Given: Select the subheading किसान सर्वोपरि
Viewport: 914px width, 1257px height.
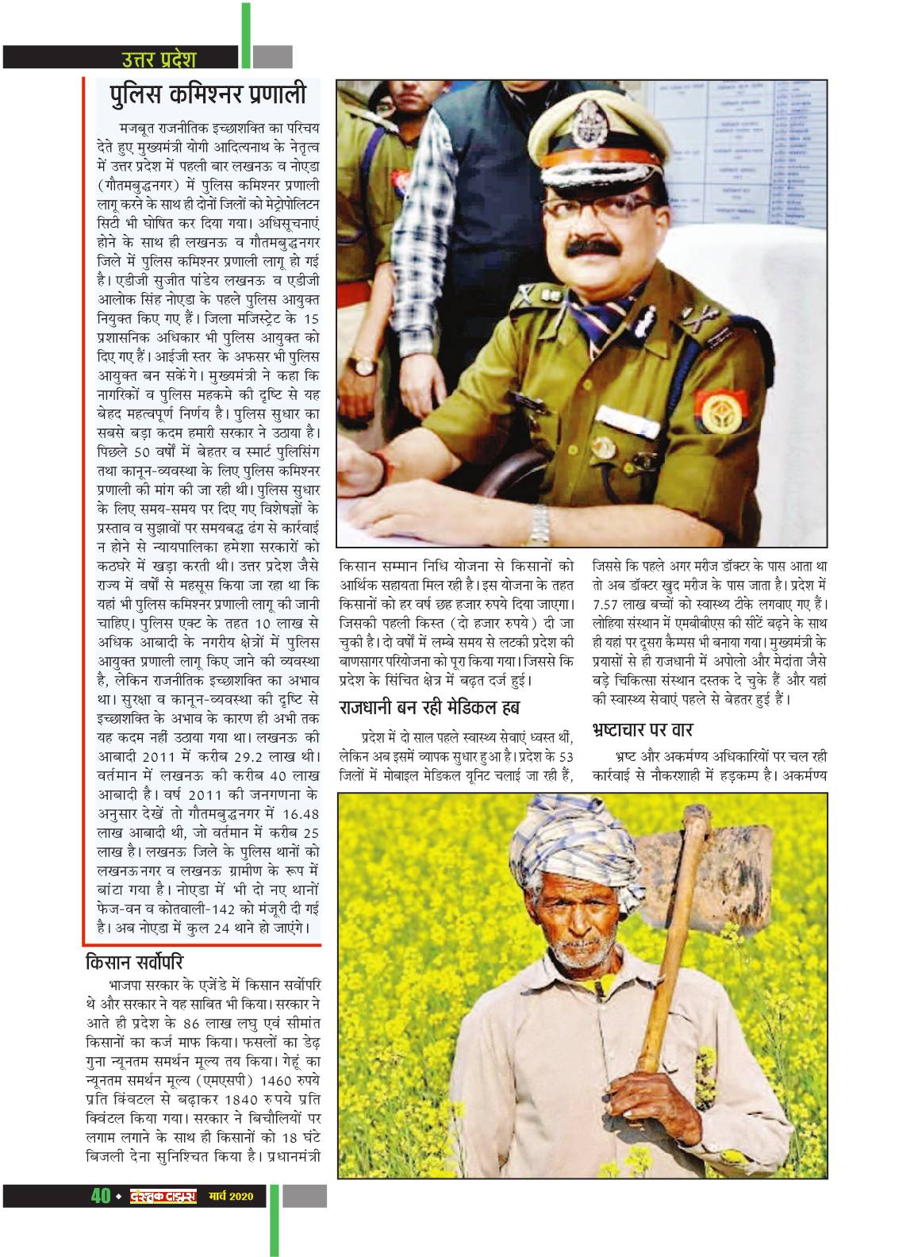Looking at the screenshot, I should [x=138, y=965].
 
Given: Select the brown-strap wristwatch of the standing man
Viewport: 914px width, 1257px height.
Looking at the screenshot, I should [x=363, y=366].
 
